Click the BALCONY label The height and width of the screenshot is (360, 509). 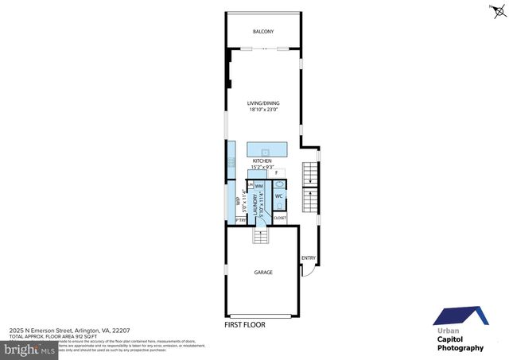click(x=263, y=31)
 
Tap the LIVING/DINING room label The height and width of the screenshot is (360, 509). click(x=263, y=103)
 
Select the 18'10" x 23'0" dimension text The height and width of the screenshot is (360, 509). click(x=263, y=110)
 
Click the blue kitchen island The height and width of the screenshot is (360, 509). click(x=266, y=151)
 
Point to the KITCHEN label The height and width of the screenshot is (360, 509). click(x=262, y=161)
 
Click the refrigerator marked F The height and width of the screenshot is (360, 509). click(x=276, y=172)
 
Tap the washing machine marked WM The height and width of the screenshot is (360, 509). click(x=259, y=186)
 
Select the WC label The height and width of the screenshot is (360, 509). click(x=279, y=195)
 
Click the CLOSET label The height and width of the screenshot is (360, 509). click(x=280, y=217)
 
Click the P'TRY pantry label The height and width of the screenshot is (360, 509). click(x=239, y=220)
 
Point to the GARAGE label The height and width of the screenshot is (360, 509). click(x=263, y=273)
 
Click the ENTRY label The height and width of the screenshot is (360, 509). click(x=308, y=257)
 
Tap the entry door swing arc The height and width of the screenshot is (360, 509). click(x=310, y=271)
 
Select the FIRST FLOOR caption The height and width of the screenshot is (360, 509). click(x=244, y=324)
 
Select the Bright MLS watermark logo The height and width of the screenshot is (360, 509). click(x=29, y=349)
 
